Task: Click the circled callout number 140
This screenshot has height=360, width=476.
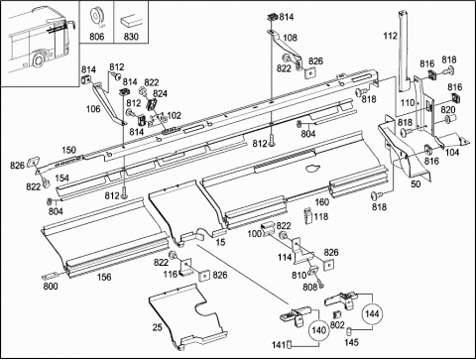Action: (x=318, y=330)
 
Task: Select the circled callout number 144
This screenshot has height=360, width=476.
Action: (x=372, y=313)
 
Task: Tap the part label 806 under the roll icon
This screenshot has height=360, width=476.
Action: (x=97, y=36)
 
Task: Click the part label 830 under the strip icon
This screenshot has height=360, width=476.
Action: (x=131, y=36)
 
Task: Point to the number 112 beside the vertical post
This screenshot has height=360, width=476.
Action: (x=390, y=36)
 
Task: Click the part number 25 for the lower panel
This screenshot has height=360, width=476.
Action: (x=158, y=327)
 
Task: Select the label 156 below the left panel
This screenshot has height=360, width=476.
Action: (x=104, y=277)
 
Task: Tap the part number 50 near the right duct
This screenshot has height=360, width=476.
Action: (x=416, y=183)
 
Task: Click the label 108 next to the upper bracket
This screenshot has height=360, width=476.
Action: (x=290, y=38)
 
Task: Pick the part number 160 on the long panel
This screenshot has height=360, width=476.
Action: (x=321, y=201)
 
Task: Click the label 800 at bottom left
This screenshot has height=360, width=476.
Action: (x=51, y=286)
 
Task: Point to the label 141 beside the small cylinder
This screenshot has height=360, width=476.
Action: (x=278, y=345)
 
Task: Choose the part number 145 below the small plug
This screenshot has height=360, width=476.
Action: (x=351, y=342)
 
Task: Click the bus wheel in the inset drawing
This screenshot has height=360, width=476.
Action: (x=39, y=60)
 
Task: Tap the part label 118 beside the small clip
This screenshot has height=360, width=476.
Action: (x=321, y=216)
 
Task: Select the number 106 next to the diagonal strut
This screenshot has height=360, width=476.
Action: (x=93, y=108)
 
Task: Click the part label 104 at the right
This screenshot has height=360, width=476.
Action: (x=452, y=152)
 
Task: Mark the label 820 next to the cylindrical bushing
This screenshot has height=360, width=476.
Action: (x=448, y=109)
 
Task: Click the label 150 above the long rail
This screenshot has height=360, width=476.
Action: (x=68, y=150)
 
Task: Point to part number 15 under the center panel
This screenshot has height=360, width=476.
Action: (x=220, y=242)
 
